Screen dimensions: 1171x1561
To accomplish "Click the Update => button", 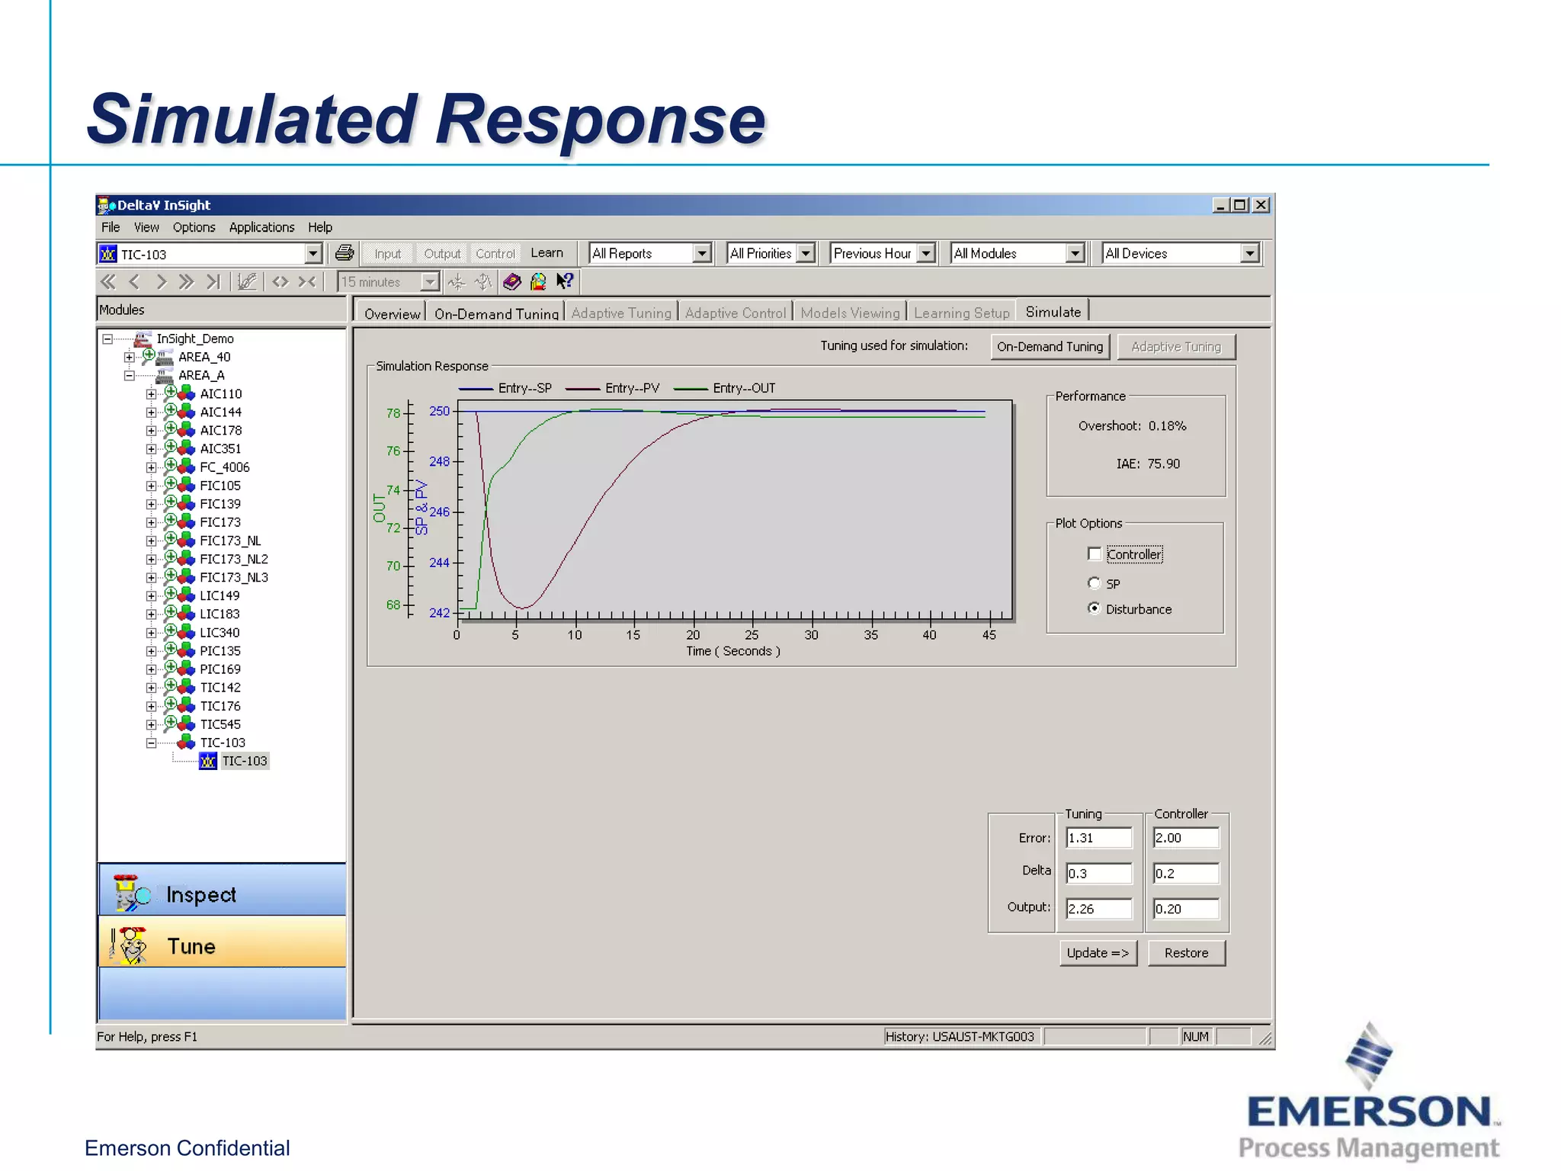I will (x=1098, y=953).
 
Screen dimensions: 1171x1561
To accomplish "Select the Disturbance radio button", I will (x=1095, y=608).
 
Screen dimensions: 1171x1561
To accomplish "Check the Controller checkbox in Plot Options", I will (x=1095, y=554).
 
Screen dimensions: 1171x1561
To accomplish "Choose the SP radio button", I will (x=1095, y=583).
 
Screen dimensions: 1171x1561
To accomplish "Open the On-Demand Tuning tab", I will (x=496, y=313).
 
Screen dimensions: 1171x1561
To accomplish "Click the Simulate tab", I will (x=1053, y=312).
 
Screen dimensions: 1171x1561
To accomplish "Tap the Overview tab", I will (x=392, y=313).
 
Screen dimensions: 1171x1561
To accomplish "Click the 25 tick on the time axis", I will (x=752, y=634).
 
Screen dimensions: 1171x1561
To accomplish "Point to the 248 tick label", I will (x=439, y=461).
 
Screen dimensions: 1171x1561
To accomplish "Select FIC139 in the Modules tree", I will (x=220, y=504).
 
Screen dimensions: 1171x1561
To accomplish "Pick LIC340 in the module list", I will (x=220, y=633).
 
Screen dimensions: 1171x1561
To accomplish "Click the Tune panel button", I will (x=222, y=946).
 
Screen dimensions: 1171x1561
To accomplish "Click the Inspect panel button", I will (x=222, y=893).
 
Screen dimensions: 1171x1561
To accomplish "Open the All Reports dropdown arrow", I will (x=702, y=253).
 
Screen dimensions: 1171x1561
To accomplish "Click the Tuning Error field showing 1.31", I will (x=1098, y=838).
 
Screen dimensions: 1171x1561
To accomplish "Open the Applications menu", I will (x=261, y=227).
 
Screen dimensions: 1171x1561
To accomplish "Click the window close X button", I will (x=1261, y=205).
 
